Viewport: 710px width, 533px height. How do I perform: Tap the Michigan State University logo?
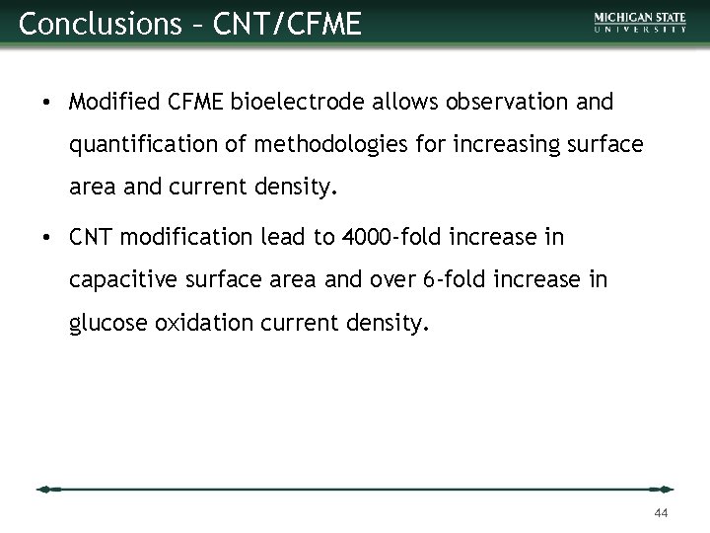pos(640,23)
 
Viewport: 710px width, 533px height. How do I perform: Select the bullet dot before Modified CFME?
pos(46,103)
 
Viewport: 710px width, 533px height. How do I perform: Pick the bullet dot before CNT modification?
pos(46,238)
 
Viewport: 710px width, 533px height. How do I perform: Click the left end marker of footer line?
pos(47,489)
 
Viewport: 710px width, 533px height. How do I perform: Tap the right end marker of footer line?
pos(664,489)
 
